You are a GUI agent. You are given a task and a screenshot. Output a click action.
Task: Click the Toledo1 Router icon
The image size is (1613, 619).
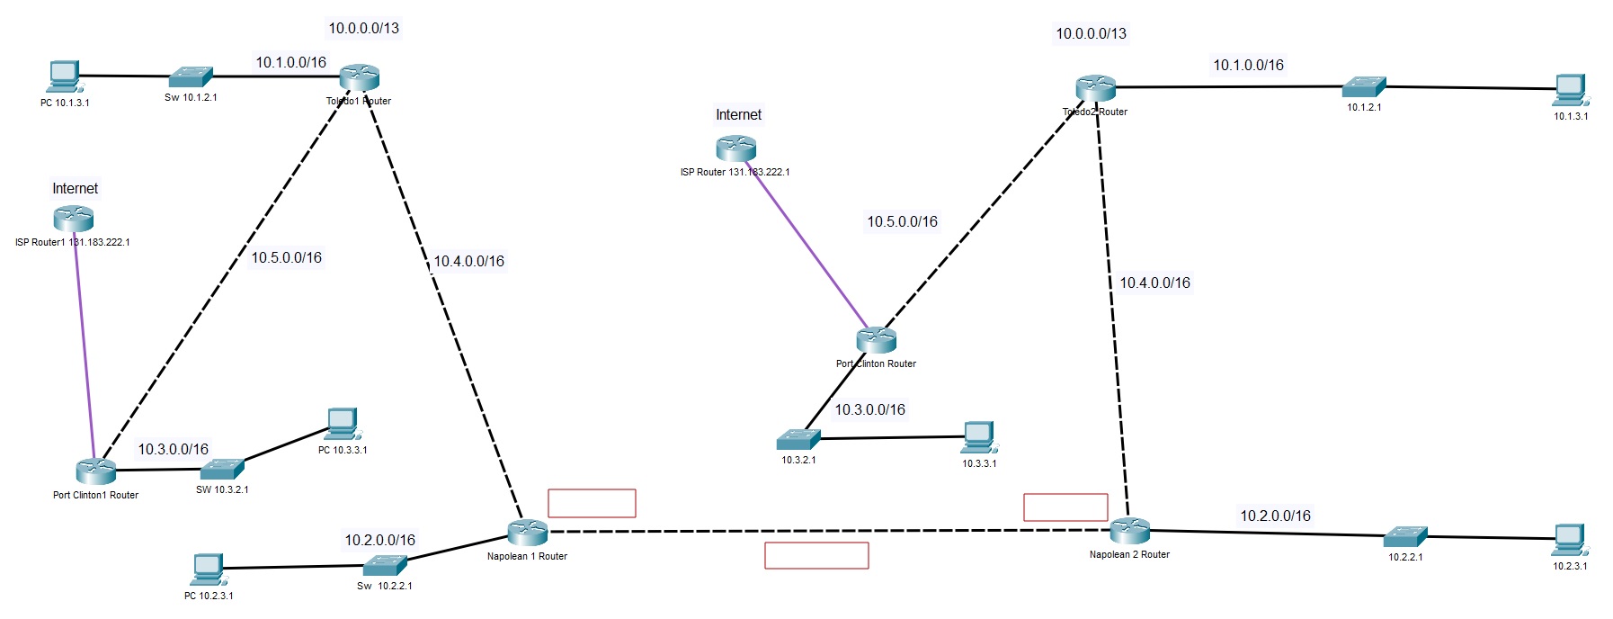[360, 77]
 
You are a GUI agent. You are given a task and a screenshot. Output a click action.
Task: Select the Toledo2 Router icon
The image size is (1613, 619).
[1095, 88]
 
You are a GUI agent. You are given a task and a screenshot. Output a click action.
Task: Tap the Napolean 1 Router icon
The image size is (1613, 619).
[527, 532]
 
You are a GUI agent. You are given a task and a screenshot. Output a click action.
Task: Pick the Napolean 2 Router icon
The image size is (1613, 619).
[1129, 530]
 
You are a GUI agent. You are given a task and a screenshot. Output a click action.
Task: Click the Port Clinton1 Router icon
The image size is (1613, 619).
[95, 470]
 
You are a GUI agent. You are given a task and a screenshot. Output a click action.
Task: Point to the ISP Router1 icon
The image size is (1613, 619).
[73, 218]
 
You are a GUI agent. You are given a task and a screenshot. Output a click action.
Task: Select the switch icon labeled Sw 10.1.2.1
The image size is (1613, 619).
[191, 76]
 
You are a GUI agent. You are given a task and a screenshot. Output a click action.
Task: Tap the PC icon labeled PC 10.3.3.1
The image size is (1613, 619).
[342, 423]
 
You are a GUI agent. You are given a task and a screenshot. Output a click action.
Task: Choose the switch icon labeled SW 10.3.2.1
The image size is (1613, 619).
[221, 469]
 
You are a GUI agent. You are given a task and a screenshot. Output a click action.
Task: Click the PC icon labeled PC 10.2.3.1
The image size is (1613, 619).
[208, 569]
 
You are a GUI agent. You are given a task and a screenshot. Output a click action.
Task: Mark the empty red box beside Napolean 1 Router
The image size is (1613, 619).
[592, 503]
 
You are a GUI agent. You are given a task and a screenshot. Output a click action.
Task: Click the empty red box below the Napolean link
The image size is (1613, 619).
[816, 555]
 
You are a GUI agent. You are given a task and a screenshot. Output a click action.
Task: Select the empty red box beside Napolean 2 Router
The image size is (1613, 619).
[1065, 507]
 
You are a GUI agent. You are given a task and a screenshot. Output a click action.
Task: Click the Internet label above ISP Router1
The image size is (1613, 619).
[75, 189]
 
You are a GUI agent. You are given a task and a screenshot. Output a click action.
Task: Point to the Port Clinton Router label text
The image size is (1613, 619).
[876, 364]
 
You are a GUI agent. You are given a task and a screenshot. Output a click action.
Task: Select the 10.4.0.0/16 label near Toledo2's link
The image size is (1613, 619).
[1154, 283]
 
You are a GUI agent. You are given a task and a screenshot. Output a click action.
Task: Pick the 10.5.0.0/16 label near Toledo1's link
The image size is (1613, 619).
[286, 257]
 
